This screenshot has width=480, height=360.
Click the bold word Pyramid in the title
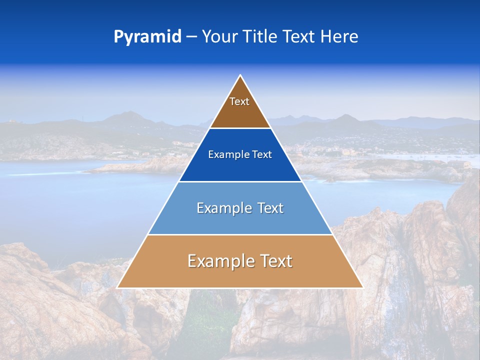click(147, 37)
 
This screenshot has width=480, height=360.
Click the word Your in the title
click(218, 37)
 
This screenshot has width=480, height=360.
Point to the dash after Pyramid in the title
click(191, 37)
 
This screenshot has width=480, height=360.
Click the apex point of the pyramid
click(240, 75)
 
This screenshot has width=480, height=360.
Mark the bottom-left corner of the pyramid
click(117, 287)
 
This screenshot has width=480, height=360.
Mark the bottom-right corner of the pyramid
click(362, 287)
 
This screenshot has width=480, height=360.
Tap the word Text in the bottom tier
click(274, 261)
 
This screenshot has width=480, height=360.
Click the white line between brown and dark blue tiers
click(240, 128)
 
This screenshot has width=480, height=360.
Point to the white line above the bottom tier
click(240, 234)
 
